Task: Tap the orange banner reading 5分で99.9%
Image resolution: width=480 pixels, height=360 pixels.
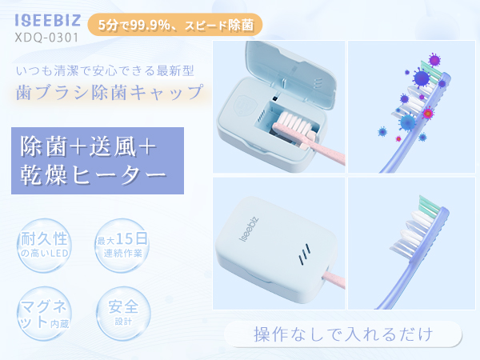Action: [175, 26]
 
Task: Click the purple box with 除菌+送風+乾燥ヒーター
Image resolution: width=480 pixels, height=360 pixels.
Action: [93, 160]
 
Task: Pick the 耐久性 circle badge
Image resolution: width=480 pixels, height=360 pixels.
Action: [46, 245]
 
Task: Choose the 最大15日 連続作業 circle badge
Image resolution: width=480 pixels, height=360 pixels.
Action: [121, 246]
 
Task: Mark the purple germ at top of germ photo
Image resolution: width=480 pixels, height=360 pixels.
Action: [434, 60]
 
